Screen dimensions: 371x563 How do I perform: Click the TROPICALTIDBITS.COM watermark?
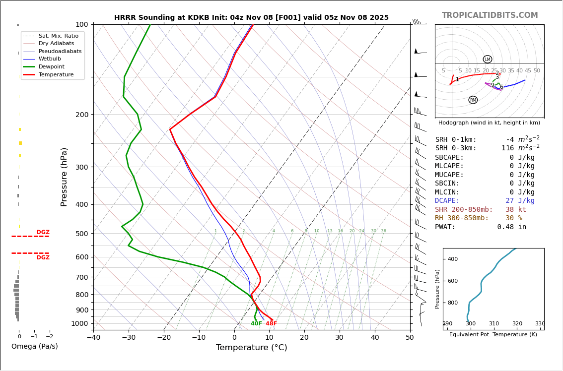point(490,15)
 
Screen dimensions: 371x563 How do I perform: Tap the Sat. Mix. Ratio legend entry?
point(58,36)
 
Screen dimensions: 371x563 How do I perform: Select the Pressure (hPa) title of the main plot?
point(65,177)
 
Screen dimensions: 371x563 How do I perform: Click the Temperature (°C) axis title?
point(251,348)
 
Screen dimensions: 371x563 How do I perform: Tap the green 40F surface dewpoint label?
point(256,324)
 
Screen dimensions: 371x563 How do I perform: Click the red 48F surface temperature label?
point(271,324)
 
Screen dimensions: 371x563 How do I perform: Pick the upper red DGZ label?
point(43,232)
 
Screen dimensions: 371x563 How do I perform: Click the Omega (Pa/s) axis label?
point(34,347)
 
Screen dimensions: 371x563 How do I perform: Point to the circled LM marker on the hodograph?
point(488,60)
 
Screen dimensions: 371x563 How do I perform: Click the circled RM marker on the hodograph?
point(473,100)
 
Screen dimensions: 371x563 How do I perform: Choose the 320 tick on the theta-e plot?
point(517,324)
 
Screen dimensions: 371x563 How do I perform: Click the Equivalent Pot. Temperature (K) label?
point(493,335)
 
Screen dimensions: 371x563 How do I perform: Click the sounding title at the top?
point(251,18)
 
